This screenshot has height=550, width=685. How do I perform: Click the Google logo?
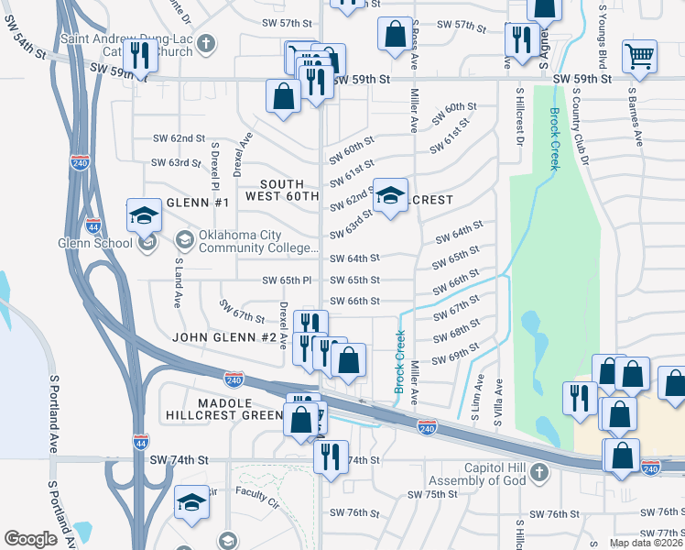31,539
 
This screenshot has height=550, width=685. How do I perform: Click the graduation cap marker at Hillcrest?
391,195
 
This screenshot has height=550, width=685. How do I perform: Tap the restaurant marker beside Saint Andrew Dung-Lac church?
140,55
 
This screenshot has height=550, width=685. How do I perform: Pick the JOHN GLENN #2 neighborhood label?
224,337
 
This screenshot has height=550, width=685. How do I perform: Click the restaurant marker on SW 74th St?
331,456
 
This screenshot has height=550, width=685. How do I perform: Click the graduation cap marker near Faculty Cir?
191,503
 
